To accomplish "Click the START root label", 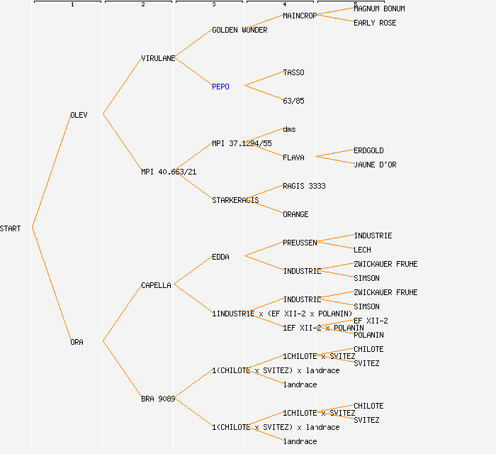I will point(11,228).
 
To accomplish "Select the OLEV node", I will point(79,115).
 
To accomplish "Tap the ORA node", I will point(77,342).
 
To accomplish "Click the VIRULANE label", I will point(158,58).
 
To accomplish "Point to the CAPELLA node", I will point(156,285).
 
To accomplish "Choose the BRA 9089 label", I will point(158,399).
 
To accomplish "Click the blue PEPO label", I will point(220,87).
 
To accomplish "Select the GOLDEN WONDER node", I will point(239,30).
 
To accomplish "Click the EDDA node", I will point(220,257).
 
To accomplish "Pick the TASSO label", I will point(293,72).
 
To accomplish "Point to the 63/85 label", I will point(293,101).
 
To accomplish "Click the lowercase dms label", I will point(289,129).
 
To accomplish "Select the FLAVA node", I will point(293,157).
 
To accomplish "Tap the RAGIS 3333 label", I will point(304,186).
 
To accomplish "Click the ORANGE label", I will point(295,214).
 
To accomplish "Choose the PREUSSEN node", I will point(300,243).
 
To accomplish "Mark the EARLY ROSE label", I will point(375,23).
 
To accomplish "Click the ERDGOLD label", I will point(368,150).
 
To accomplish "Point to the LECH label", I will point(362,250).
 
